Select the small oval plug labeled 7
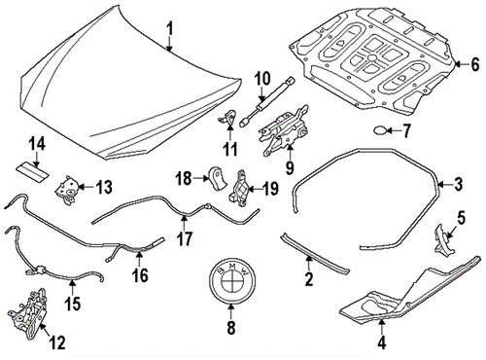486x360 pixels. [378, 129]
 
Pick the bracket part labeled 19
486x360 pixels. [240, 191]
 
